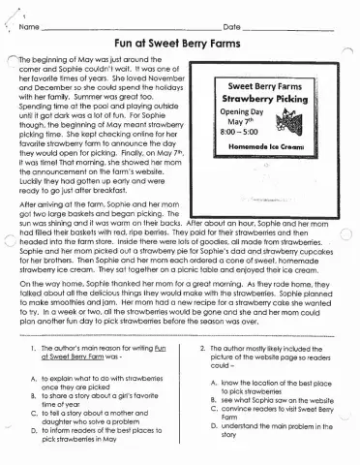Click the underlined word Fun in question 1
(161, 347)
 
